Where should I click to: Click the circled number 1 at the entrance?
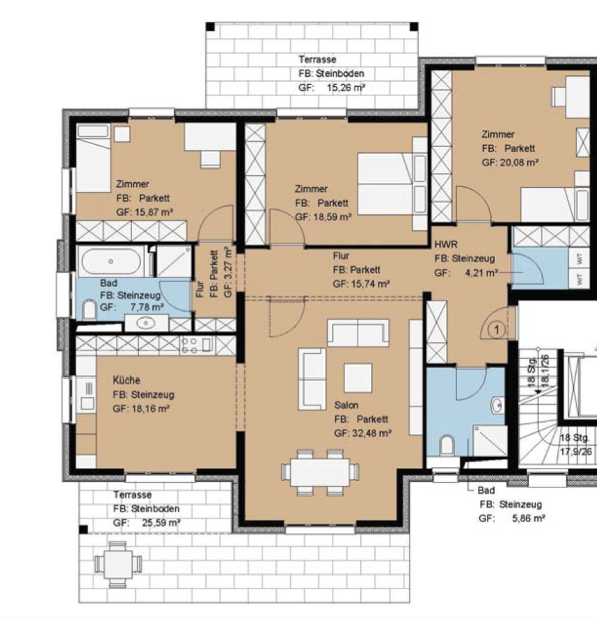(x=497, y=329)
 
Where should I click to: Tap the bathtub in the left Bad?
(x=111, y=261)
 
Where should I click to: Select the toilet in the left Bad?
(x=89, y=310)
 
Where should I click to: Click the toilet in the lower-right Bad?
(x=446, y=445)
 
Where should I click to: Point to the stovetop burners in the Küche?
(x=190, y=345)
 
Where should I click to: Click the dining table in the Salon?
(x=319, y=472)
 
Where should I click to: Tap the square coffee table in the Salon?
(x=358, y=378)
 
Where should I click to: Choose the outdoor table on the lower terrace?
(x=118, y=564)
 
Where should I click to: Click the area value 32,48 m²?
(x=372, y=433)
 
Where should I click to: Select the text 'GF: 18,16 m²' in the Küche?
(x=141, y=409)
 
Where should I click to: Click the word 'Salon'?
(x=346, y=405)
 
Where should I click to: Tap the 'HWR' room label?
(x=446, y=245)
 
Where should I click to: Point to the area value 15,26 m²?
(x=346, y=87)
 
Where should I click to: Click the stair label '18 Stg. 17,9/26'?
(x=575, y=445)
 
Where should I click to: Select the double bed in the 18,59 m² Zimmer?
(x=392, y=184)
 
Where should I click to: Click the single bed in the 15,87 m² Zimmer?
(x=93, y=158)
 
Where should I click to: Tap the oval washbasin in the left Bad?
(x=146, y=323)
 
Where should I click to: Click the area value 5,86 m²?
(x=528, y=518)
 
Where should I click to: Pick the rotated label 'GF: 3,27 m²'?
(x=227, y=272)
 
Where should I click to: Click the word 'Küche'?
(x=127, y=380)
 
